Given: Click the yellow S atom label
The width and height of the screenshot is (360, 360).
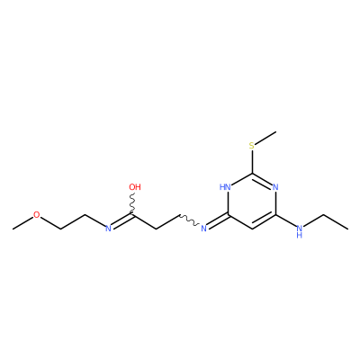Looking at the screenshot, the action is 252,146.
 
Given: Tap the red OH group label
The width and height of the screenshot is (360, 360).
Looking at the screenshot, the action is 135,187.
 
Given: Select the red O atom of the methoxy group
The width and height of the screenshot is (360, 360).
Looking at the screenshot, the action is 36,215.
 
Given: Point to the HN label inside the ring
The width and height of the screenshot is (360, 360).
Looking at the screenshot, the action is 225,187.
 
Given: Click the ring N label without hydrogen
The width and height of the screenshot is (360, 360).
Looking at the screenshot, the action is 275,187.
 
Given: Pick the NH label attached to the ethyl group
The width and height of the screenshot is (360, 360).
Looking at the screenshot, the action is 299,231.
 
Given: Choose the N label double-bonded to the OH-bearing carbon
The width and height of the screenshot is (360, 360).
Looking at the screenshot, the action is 108,229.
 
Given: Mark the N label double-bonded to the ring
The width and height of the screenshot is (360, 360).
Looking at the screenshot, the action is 203,229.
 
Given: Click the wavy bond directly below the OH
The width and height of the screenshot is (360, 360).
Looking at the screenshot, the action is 132,204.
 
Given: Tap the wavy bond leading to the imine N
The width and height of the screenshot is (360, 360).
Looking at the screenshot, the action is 189,220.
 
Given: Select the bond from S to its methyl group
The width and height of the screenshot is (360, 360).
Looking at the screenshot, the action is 265,137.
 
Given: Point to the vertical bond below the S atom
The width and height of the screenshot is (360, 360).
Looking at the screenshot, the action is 252,161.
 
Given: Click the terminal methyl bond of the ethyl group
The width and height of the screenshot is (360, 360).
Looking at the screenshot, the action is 336,222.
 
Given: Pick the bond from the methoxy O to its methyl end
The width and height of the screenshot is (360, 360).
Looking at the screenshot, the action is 22,223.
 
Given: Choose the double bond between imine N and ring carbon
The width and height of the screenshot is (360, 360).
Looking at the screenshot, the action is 218,221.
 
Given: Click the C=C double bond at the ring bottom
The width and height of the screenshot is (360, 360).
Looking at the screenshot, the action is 264,222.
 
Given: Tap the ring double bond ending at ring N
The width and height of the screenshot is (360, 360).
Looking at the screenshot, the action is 262,179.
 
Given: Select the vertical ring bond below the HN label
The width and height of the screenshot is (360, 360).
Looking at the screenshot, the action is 228,203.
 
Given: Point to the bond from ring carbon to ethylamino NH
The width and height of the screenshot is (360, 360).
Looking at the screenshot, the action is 285,220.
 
